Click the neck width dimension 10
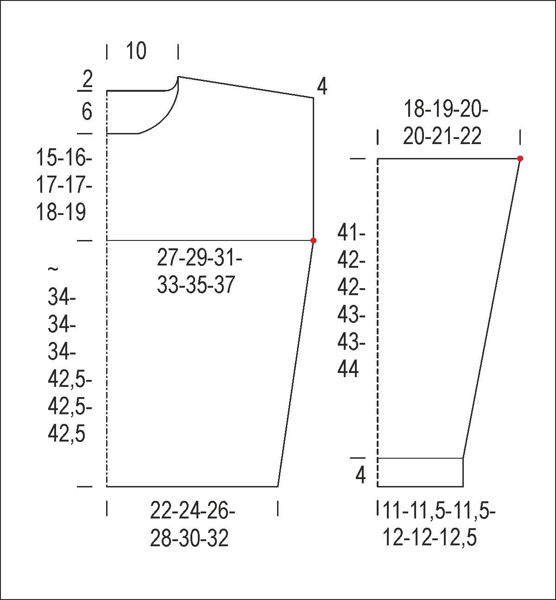pyautogui.click(x=136, y=51)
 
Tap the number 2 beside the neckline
pyautogui.click(x=87, y=79)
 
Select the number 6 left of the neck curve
pyautogui.click(x=87, y=112)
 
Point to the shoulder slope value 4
pyautogui.click(x=322, y=87)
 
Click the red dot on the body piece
pyautogui.click(x=313, y=240)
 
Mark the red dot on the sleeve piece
pyautogui.click(x=520, y=158)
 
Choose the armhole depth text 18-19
pyautogui.click(x=61, y=212)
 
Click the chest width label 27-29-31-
pyautogui.click(x=200, y=259)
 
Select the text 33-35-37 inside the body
pyautogui.click(x=196, y=284)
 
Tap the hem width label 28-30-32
pyautogui.click(x=189, y=538)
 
